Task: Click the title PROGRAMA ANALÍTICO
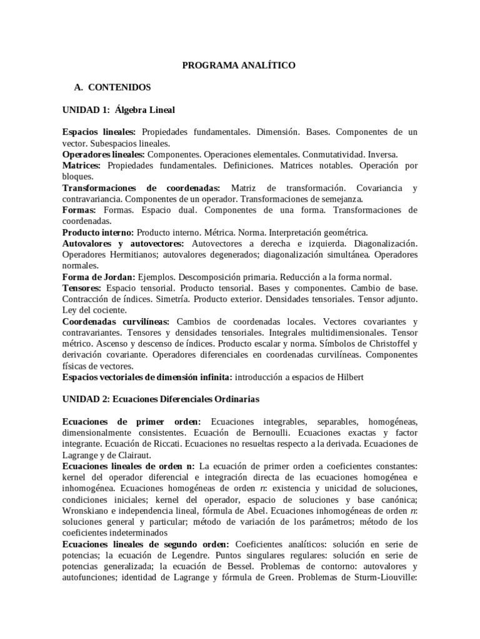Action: click(239, 65)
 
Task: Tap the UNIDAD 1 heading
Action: click(119, 110)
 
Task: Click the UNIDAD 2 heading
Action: click(161, 398)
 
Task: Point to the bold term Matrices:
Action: click(81, 166)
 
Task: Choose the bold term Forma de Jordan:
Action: click(98, 277)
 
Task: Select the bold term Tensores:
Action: click(82, 288)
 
